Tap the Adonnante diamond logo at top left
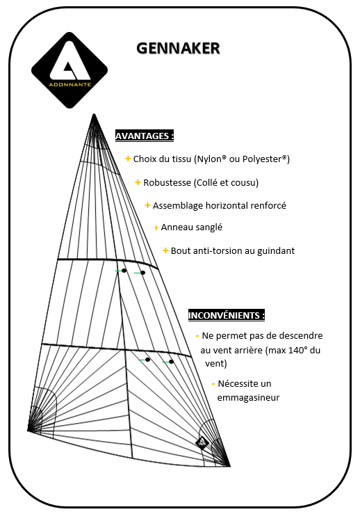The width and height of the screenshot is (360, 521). [x=69, y=70]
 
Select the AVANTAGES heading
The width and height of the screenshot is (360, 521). [x=144, y=136]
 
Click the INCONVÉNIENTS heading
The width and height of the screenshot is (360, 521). [x=227, y=315]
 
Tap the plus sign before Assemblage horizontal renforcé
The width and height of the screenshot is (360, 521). [x=147, y=205]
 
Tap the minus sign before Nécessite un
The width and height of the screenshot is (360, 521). [x=213, y=383]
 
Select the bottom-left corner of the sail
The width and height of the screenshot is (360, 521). [x=28, y=431]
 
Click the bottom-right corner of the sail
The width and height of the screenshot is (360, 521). [x=229, y=465]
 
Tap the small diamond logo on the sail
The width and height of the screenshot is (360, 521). [x=202, y=442]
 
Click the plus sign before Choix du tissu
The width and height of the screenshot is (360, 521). [x=128, y=159]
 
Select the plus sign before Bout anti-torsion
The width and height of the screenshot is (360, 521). [x=165, y=250]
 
